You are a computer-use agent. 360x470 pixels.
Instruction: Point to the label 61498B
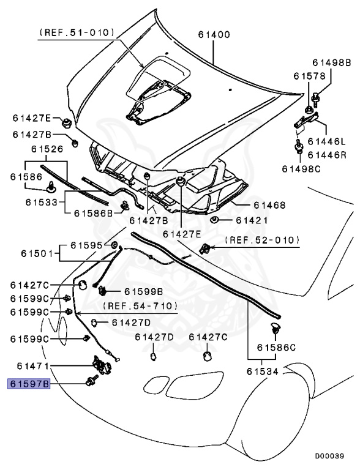pyautogui.click(x=331, y=62)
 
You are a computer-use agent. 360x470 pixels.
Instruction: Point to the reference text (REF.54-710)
pyautogui.click(x=140, y=305)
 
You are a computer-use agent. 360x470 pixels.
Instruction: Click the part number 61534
pyautogui.click(x=263, y=370)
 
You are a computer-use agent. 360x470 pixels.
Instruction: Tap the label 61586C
pyautogui.click(x=276, y=347)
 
